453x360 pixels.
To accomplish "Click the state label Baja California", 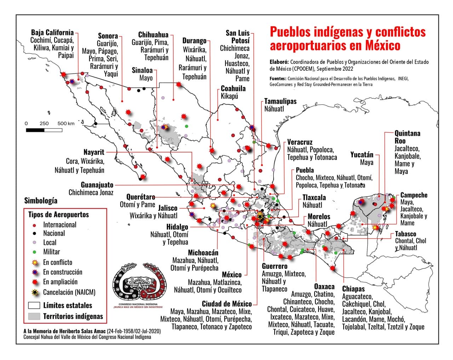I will (x=52, y=33).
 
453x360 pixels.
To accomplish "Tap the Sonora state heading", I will (x=108, y=36).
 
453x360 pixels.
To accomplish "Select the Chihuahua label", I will (x=153, y=35).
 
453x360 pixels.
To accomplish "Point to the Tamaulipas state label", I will (x=280, y=101).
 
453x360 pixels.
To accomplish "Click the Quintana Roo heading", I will (x=407, y=137).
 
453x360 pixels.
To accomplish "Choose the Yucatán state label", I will (x=362, y=155).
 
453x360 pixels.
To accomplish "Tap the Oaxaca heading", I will (x=324, y=286).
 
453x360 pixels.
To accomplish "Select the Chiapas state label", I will (x=353, y=289).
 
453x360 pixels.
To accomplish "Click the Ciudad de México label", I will (x=227, y=304).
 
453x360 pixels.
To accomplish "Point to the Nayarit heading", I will (x=94, y=152).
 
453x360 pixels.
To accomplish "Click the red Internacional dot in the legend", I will (x=34, y=225).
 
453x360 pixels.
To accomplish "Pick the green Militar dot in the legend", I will (x=34, y=252).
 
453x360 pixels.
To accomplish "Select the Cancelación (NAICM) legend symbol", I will (x=35, y=292).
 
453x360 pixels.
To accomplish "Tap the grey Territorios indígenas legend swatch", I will (x=34, y=316).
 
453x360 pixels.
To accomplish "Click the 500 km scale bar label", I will (x=66, y=123).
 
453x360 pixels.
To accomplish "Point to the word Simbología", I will (x=41, y=201).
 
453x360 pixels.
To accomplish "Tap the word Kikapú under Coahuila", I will (x=229, y=96).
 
